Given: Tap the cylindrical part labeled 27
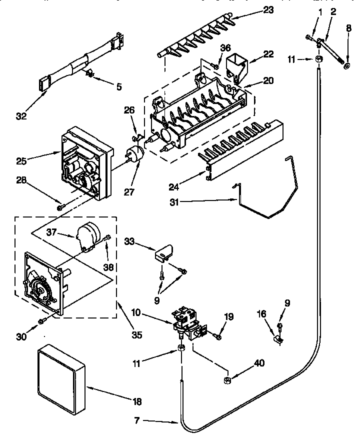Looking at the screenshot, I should tap(134, 153).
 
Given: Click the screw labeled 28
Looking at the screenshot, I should tap(60, 206).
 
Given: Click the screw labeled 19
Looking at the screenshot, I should tap(217, 337).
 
